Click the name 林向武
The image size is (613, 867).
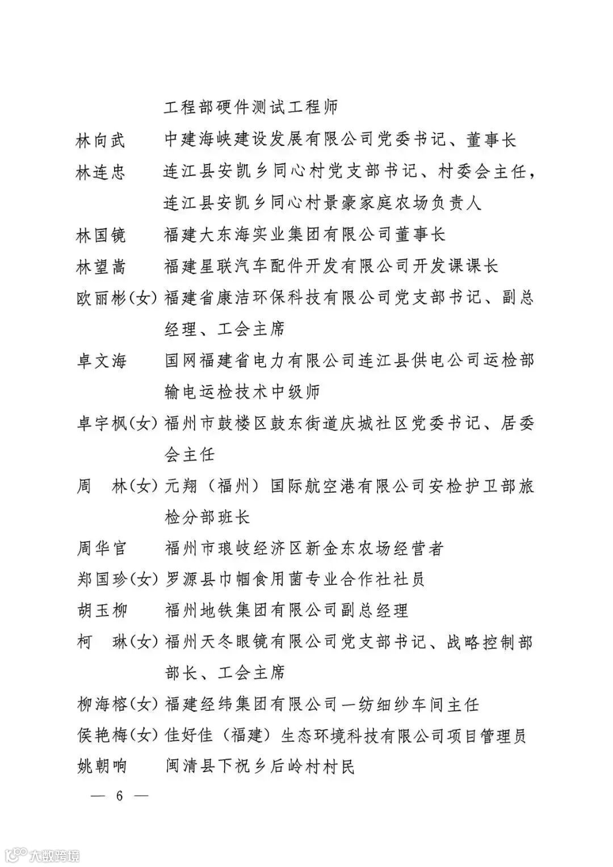click(x=100, y=140)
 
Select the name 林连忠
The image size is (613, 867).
click(x=100, y=171)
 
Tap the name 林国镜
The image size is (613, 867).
click(x=100, y=234)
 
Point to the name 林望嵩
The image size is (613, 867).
click(x=100, y=266)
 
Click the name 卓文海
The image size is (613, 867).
click(x=100, y=361)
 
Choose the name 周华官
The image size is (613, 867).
click(x=100, y=548)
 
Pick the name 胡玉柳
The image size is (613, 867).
click(x=100, y=611)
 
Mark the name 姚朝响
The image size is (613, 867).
click(x=100, y=767)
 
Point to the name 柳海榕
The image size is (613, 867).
click(x=100, y=705)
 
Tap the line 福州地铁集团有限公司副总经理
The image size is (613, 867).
click(x=286, y=611)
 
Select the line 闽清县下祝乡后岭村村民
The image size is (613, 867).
click(x=259, y=767)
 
